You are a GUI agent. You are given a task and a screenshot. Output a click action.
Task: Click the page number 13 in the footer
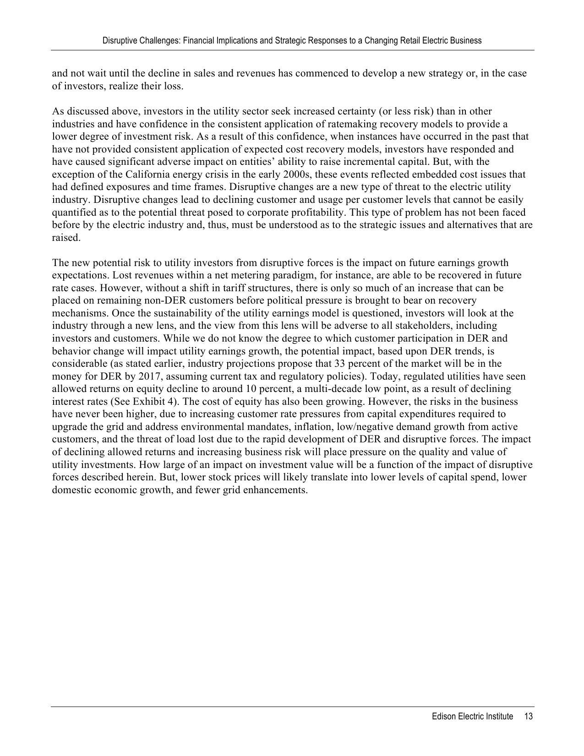pos(528,717)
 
